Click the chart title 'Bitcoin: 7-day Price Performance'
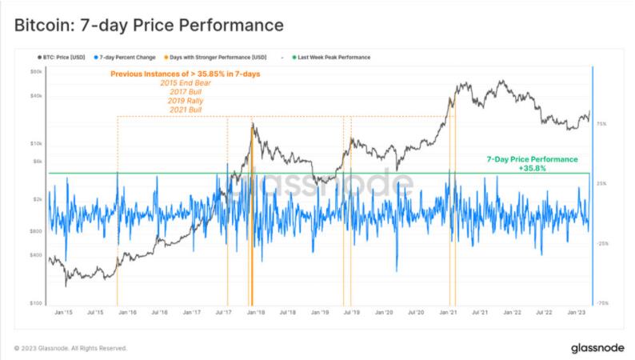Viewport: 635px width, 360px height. click(x=149, y=26)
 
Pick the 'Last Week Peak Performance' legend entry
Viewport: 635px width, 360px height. click(x=325, y=58)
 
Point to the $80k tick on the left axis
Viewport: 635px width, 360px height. click(x=36, y=71)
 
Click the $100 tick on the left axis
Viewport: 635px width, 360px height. click(x=36, y=303)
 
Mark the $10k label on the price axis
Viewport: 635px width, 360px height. click(x=36, y=144)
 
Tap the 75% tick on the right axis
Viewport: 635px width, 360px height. click(x=601, y=124)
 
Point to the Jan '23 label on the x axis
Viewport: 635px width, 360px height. click(x=577, y=312)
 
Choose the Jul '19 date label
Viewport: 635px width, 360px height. click(x=350, y=312)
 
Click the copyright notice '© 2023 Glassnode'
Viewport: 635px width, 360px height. click(x=70, y=348)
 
